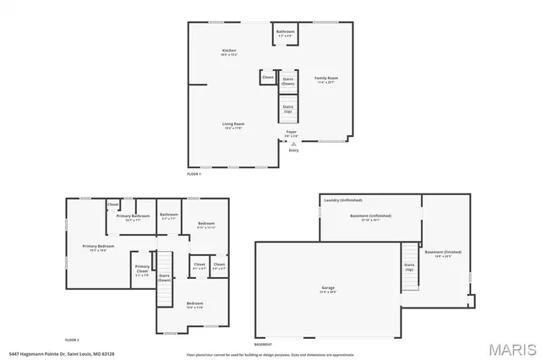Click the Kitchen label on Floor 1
tap(229, 51)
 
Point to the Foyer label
tap(291, 133)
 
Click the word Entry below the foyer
tap(293, 150)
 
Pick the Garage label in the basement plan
tap(327, 288)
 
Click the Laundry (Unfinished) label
tap(342, 200)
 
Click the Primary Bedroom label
tap(99, 247)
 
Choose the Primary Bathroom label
tap(134, 216)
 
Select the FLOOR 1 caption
tap(194, 172)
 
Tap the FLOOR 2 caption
tap(73, 338)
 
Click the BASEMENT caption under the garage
tap(263, 344)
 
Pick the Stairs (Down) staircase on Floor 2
tap(164, 275)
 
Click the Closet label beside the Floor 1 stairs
tap(268, 77)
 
